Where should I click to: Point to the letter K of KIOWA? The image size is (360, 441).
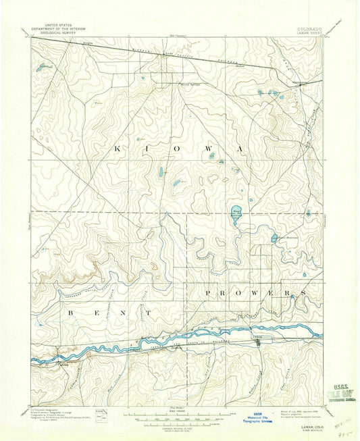120,148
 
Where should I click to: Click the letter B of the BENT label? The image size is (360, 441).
70,313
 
